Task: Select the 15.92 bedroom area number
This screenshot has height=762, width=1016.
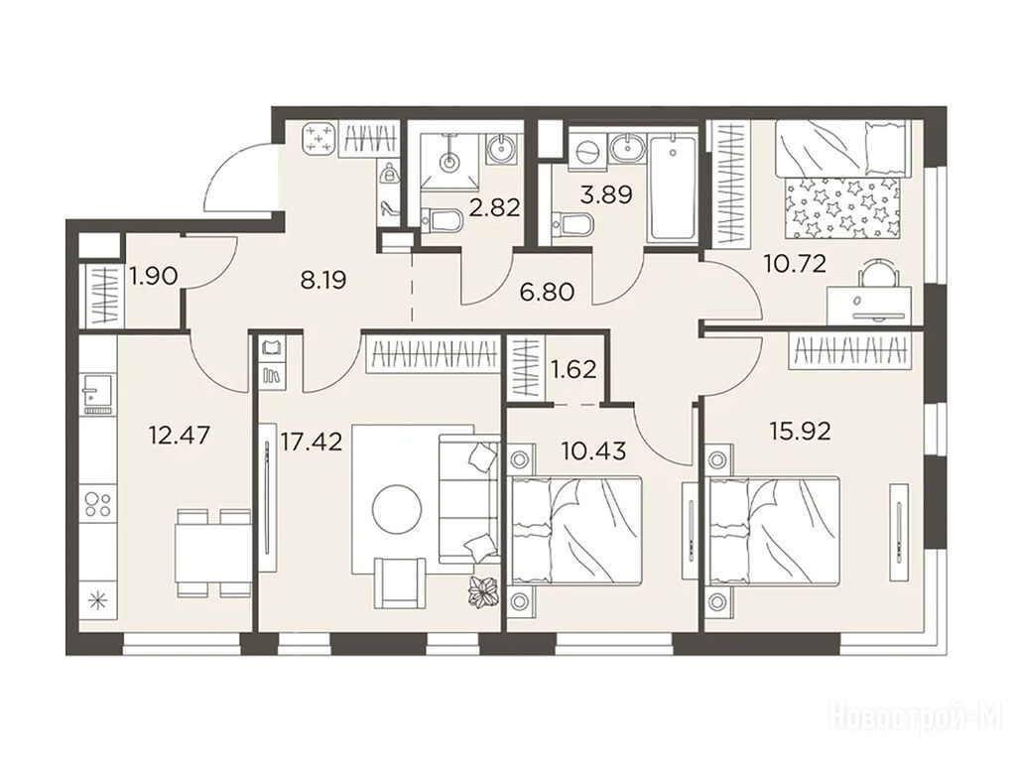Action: (801, 431)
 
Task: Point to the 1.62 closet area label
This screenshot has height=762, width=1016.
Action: (572, 369)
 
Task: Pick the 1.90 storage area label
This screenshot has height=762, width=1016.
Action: (154, 277)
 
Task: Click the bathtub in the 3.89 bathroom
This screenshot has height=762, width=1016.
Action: (674, 188)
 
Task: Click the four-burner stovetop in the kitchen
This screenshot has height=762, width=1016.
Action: (98, 505)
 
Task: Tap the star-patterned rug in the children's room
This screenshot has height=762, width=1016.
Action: (842, 208)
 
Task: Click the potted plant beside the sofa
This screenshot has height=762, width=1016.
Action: (483, 591)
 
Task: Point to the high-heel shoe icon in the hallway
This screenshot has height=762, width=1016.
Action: (389, 208)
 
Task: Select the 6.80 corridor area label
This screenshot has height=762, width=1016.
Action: (548, 293)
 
